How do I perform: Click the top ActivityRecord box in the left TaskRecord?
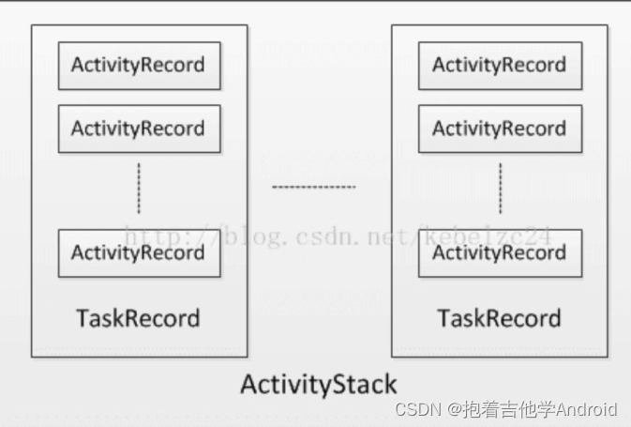point(139,66)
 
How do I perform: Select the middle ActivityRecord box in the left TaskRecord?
point(139,129)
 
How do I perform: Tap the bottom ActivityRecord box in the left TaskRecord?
point(139,252)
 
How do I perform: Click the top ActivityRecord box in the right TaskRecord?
point(500,66)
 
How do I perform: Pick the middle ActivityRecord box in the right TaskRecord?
point(500,129)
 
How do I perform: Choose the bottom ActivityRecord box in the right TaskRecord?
point(500,252)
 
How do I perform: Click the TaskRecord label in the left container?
point(138,318)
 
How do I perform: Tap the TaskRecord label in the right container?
point(499,318)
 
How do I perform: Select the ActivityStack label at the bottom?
point(319,384)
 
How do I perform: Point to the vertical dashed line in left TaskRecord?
point(139,187)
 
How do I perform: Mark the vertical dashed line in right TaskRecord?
point(500,187)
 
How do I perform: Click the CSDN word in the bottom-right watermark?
point(418,409)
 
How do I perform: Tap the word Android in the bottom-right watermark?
point(587,409)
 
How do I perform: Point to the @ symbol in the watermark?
point(453,409)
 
